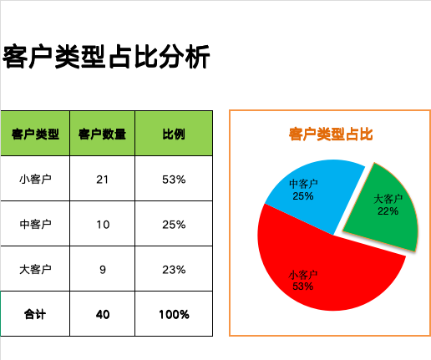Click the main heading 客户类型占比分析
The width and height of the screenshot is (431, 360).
(x=106, y=57)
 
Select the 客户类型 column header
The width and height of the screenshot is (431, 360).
(x=35, y=134)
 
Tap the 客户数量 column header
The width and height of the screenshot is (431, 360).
(x=102, y=134)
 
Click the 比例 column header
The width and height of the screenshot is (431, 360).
(x=174, y=134)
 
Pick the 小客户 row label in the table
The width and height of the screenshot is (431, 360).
(x=35, y=179)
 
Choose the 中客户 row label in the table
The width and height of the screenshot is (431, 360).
(x=35, y=224)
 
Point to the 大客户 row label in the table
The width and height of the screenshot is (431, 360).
(x=35, y=269)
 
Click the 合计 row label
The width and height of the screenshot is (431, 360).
(x=35, y=314)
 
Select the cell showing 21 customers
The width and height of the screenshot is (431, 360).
(x=102, y=180)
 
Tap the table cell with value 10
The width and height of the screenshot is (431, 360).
(x=103, y=225)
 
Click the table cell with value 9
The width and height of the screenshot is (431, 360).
(x=103, y=270)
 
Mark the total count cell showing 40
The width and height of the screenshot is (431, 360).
(x=103, y=315)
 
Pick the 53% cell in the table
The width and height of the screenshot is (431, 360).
(x=174, y=180)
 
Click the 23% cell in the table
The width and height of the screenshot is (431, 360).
(x=174, y=270)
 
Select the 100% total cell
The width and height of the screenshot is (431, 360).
(x=174, y=315)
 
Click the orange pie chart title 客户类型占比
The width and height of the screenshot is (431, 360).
(x=331, y=134)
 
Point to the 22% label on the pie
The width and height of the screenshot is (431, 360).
(x=388, y=211)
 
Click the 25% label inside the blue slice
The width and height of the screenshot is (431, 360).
(x=303, y=196)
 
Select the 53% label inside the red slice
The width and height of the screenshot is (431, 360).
(x=303, y=286)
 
